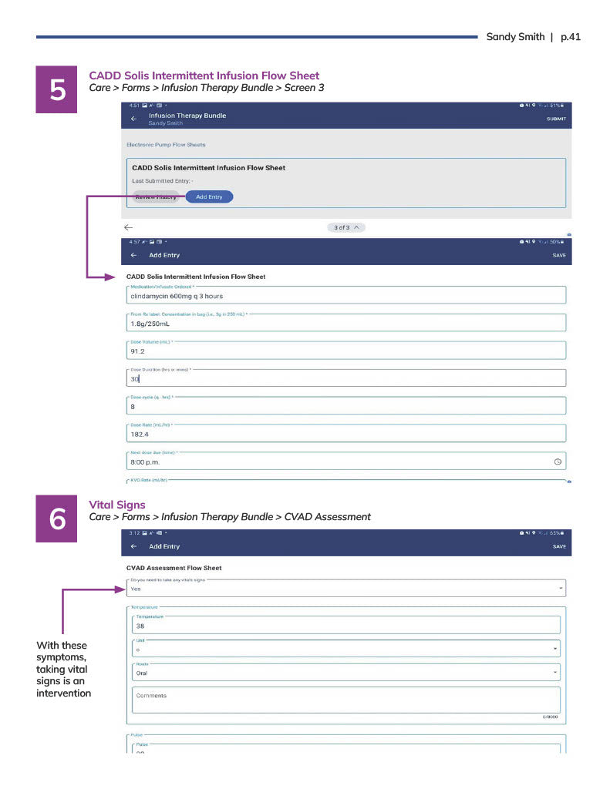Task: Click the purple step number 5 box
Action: pyautogui.click(x=58, y=90)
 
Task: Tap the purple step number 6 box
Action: pyautogui.click(x=58, y=519)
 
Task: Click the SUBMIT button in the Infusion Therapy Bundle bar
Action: pyautogui.click(x=556, y=119)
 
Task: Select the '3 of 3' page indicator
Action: pyautogui.click(x=346, y=227)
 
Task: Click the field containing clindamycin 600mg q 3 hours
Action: pyautogui.click(x=345, y=296)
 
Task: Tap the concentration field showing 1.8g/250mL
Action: pyautogui.click(x=345, y=324)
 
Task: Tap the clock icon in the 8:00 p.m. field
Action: pyautogui.click(x=558, y=462)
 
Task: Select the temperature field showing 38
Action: pyautogui.click(x=345, y=626)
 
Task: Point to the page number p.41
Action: pyautogui.click(x=570, y=36)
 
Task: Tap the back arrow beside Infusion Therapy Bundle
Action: pyautogui.click(x=133, y=119)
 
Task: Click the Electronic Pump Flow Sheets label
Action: pyautogui.click(x=166, y=145)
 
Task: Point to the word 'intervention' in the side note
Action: pyautogui.click(x=63, y=693)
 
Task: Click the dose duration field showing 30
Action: pyautogui.click(x=345, y=379)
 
